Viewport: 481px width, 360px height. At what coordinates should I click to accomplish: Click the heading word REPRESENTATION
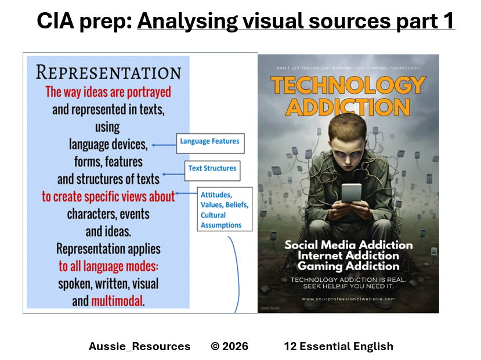click(109, 72)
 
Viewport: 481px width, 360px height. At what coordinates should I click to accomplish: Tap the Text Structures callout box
click(212, 169)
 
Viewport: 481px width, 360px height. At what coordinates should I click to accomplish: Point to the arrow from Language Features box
click(164, 144)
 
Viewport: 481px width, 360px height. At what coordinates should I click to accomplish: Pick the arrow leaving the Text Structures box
click(173, 173)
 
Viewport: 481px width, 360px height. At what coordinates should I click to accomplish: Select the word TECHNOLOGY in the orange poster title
click(348, 85)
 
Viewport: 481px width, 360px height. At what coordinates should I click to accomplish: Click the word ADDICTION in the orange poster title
click(348, 107)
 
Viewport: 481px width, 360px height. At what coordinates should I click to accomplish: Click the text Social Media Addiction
click(348, 244)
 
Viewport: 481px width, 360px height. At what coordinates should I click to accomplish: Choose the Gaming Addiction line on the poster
click(348, 266)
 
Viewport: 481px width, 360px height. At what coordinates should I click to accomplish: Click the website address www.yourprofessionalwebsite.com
click(348, 299)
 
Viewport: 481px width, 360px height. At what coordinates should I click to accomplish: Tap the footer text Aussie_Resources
click(139, 347)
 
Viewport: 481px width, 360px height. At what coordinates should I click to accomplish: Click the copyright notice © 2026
click(229, 347)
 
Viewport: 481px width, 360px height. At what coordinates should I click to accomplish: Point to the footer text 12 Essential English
click(338, 347)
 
